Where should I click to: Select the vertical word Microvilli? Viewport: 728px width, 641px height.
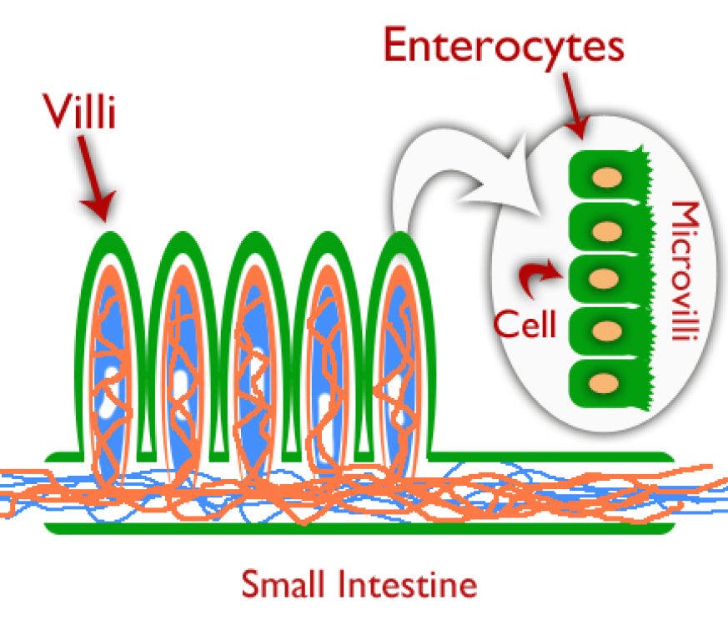click(687, 275)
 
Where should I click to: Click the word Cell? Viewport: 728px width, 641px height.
click(524, 324)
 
